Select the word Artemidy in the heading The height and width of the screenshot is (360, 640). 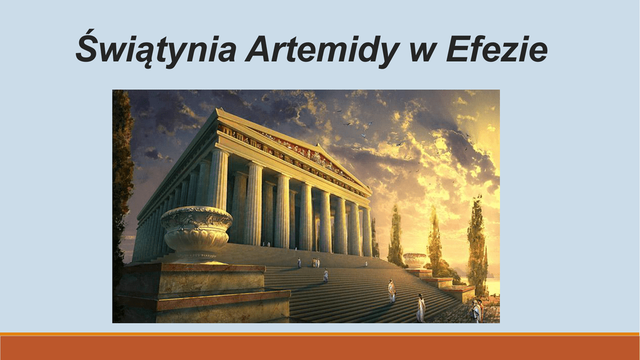pos(322,49)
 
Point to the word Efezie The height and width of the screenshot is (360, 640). pos(497,49)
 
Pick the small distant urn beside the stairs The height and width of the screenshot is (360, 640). pos(414,261)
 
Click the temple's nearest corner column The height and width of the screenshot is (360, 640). pos(218,179)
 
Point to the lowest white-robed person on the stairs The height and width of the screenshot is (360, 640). pos(421,308)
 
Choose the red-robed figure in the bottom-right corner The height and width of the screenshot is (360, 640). pos(481,311)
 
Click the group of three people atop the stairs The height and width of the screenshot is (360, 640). pos(315,262)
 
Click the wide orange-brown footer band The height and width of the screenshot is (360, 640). pos(320,347)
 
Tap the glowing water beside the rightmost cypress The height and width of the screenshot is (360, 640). pos(494,286)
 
